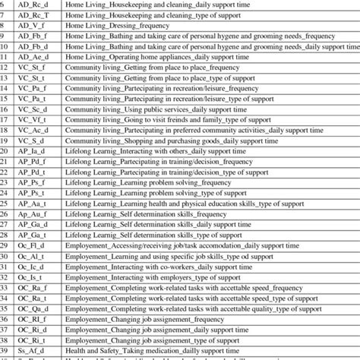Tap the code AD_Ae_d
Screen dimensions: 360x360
[30, 56]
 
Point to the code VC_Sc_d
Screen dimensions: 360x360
[30, 109]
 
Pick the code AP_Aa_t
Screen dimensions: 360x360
[30, 204]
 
